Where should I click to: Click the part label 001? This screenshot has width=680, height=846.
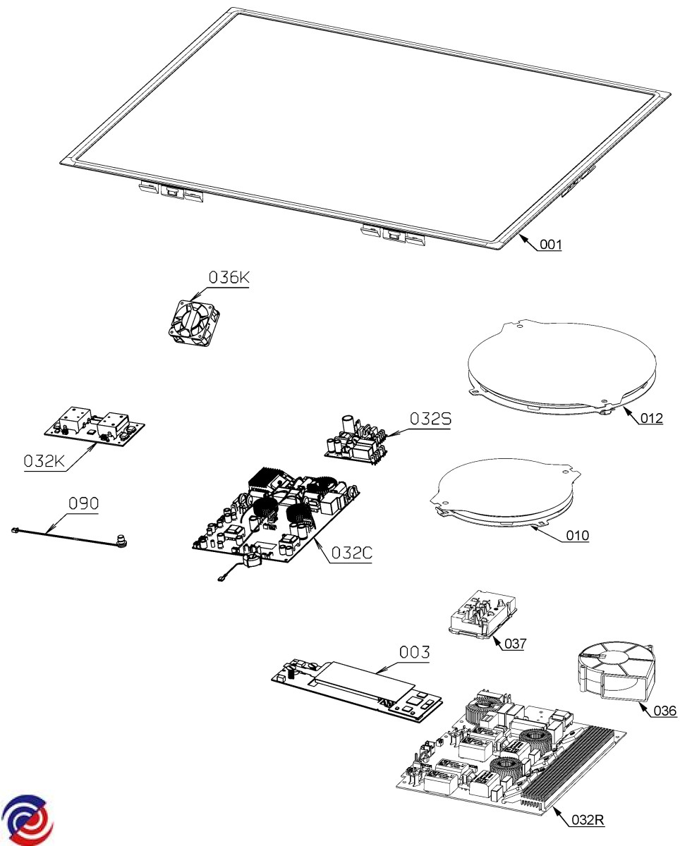[550, 245]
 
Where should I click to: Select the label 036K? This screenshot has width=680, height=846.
[228, 278]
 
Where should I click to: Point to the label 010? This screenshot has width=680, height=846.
[576, 536]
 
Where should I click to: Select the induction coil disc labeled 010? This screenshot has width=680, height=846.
[503, 493]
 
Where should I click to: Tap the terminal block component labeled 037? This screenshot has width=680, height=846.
[483, 613]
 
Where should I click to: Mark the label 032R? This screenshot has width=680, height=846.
[588, 821]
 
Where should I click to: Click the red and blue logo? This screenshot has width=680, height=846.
[28, 820]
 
